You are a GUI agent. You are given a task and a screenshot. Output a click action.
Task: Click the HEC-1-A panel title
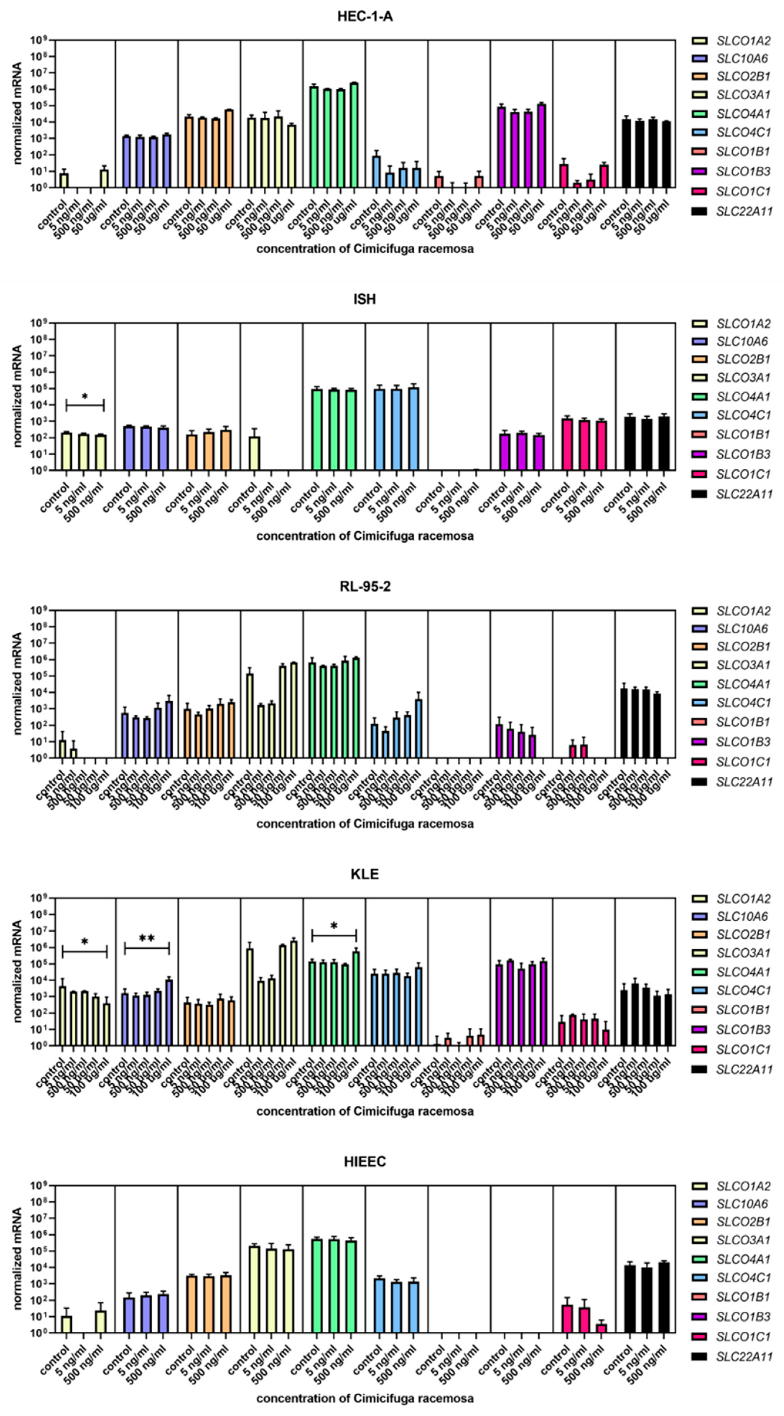365,16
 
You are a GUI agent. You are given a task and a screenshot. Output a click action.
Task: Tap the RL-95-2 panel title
365,587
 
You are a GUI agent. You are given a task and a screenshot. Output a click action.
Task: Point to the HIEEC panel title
365,1161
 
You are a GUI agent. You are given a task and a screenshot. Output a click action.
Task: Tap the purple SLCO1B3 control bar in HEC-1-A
501,147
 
